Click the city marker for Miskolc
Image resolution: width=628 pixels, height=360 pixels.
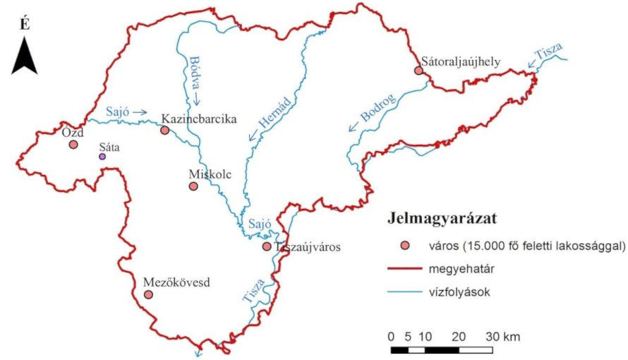193,186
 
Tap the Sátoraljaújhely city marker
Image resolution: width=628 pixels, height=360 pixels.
418,71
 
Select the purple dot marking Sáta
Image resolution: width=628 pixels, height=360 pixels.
102,157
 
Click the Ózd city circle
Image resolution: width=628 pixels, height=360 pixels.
73,145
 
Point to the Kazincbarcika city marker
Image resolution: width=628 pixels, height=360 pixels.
164,130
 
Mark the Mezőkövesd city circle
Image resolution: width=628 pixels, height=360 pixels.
148,294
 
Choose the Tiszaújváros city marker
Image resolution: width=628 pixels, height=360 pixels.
266,247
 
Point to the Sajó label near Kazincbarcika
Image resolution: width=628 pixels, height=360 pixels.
119,112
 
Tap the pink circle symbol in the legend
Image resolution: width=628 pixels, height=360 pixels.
405,246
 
